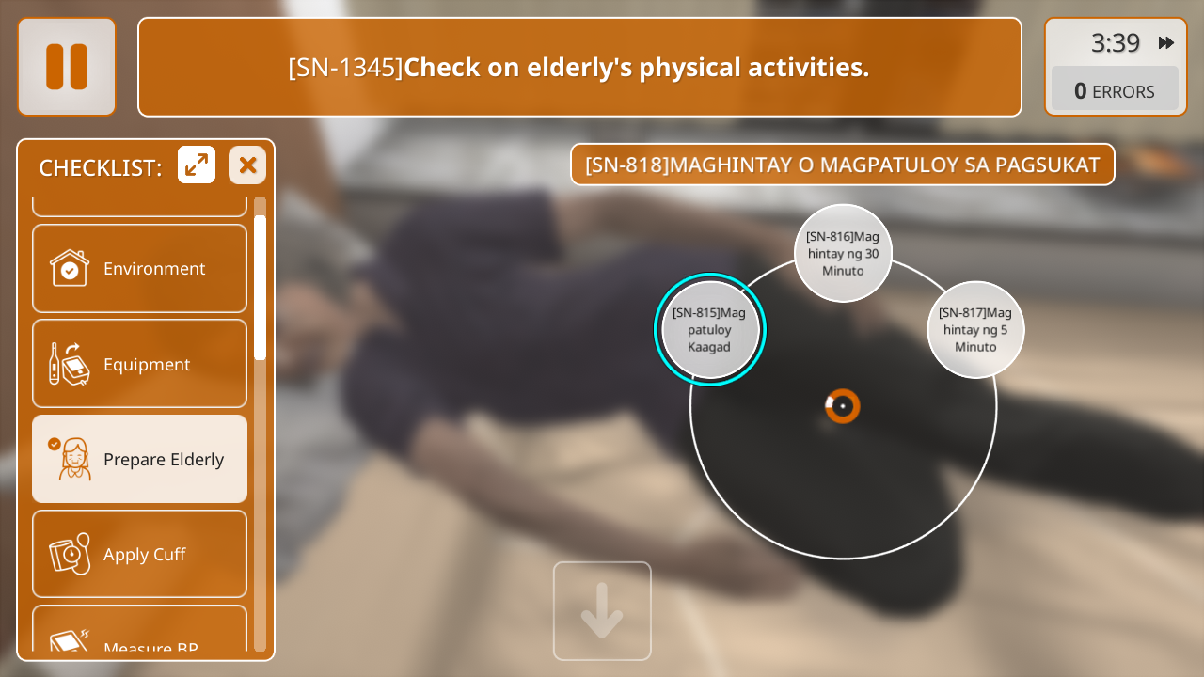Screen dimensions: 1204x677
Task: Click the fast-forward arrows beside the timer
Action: click(x=1165, y=42)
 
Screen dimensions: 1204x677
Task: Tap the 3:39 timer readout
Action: click(x=1116, y=43)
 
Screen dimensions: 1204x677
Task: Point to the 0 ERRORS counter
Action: click(x=1115, y=91)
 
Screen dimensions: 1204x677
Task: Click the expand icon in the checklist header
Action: click(x=197, y=165)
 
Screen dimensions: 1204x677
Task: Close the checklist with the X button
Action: click(x=247, y=165)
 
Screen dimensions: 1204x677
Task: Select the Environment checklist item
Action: click(x=140, y=268)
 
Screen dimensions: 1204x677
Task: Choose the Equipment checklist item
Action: click(x=140, y=364)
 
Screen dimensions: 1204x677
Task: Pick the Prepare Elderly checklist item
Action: click(x=140, y=459)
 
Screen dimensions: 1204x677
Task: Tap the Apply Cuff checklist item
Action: click(x=140, y=554)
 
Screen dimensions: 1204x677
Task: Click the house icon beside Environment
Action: click(x=70, y=268)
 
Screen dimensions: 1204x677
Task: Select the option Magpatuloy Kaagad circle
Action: click(x=709, y=329)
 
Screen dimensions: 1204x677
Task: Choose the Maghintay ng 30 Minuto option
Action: click(x=843, y=253)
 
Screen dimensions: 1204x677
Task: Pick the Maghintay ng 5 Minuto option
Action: click(x=975, y=329)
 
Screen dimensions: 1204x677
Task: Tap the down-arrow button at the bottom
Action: click(x=602, y=611)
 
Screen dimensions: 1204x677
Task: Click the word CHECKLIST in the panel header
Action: click(x=101, y=168)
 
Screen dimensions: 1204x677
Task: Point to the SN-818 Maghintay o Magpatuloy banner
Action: click(x=842, y=165)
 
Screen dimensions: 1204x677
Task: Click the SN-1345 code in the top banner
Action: click(x=345, y=68)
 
